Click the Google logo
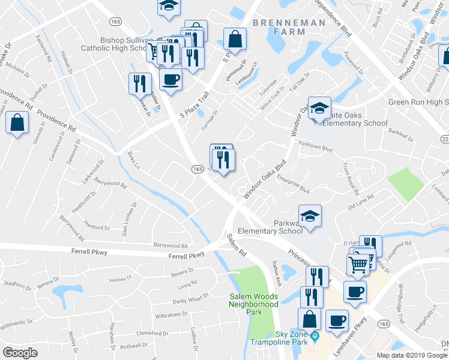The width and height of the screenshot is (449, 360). coord(20,353)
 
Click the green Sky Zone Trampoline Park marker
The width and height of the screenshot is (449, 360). coord(315,338)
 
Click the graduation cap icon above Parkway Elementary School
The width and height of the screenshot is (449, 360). coord(310,216)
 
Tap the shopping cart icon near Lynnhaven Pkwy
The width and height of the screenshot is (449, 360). coord(358,263)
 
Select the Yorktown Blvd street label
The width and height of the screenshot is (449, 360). coord(318,148)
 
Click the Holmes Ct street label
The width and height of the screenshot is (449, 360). coord(120,279)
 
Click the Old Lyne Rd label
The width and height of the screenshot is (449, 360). coord(361,202)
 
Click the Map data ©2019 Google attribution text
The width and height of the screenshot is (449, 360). coord(412,355)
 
